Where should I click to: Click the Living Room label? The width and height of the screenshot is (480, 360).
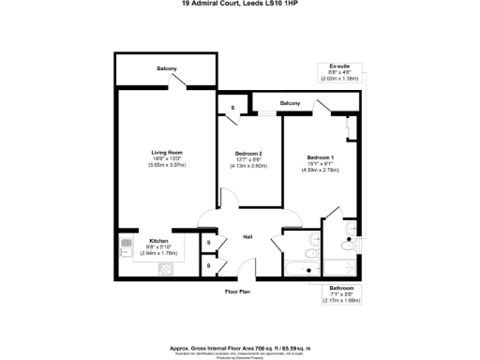click(167, 152)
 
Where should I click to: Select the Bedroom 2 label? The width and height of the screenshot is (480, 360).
click(247, 153)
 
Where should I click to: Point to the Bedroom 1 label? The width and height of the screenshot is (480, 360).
click(320, 157)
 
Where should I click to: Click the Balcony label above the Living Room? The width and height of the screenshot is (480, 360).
click(168, 68)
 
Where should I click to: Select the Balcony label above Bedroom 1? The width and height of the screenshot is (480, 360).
click(290, 102)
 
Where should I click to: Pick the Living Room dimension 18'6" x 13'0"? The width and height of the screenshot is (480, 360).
click(167, 158)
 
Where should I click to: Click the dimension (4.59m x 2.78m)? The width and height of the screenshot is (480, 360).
click(320, 170)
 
